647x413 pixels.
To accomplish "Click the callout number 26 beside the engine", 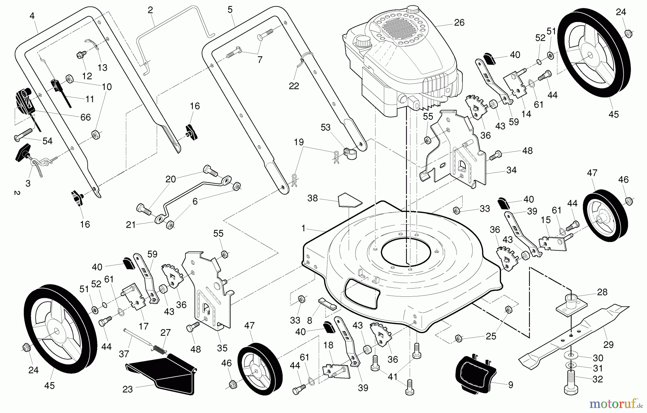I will pos(459,23).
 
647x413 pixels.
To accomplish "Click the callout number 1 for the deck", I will pos(303,228).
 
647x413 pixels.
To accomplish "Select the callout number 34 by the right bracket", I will pos(511,170).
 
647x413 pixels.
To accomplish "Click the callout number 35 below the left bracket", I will pos(222,348).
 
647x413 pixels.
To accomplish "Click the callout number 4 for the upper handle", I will pos(32,16).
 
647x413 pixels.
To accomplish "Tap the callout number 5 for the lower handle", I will pos(230,10).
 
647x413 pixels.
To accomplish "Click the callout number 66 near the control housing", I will pos(86,117).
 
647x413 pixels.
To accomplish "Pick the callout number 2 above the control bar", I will pos(150,10).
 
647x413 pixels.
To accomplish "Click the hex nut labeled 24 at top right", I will pos(629,34).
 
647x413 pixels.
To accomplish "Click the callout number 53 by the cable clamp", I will pos(326,128).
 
